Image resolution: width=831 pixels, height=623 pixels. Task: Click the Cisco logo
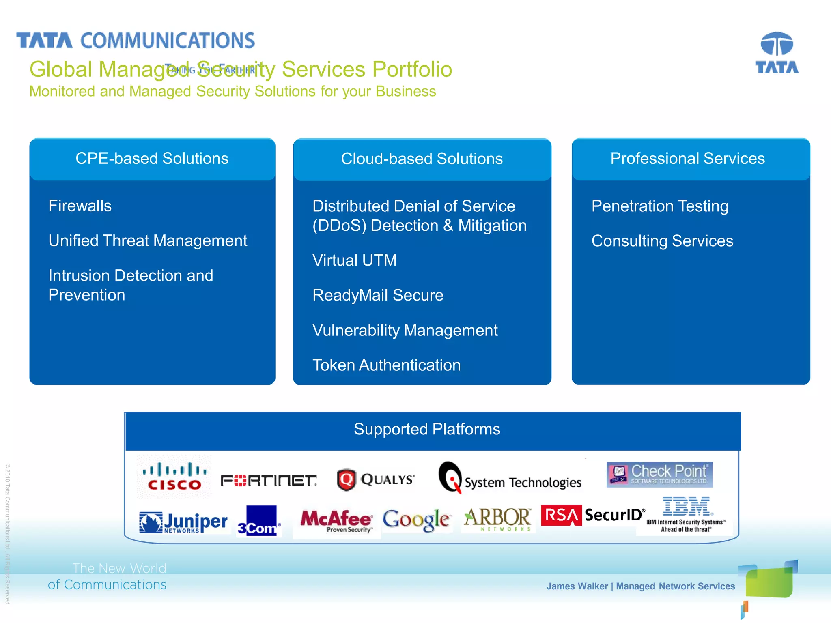(174, 477)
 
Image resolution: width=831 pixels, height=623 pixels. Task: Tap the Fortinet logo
(268, 481)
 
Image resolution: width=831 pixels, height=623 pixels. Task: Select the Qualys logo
(376, 480)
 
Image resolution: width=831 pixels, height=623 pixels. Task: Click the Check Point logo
(659, 474)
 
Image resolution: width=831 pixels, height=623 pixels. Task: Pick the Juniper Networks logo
(183, 523)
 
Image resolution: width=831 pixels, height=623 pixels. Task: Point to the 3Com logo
(258, 521)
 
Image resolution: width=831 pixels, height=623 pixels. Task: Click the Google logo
(416, 520)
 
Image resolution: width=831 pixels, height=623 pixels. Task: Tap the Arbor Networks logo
(497, 519)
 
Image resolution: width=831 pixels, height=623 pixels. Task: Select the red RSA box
(561, 515)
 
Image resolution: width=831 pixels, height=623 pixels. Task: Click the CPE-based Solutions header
(152, 159)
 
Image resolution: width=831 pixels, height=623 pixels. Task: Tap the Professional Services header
(687, 159)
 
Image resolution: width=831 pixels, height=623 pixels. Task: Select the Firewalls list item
(80, 206)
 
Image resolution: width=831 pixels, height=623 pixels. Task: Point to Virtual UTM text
(355, 260)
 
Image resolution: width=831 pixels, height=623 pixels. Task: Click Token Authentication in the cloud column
(386, 365)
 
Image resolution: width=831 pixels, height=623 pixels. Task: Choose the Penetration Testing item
(660, 206)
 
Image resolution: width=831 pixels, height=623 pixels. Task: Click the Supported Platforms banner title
(427, 429)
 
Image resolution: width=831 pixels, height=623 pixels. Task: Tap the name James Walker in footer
(577, 586)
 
